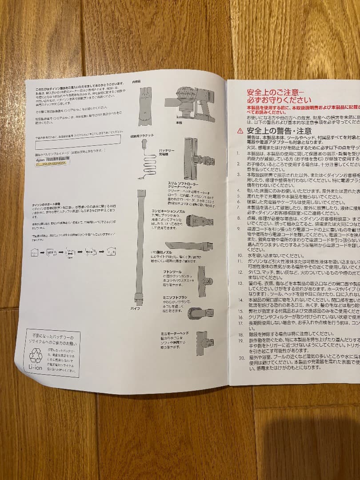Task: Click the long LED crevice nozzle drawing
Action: tap(189, 245)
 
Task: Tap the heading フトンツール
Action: tap(172, 271)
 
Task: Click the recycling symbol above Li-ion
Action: tap(36, 356)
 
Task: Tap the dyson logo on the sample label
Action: tap(40, 158)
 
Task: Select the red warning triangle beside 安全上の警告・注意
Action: tap(240, 131)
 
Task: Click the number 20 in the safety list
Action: tap(241, 358)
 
